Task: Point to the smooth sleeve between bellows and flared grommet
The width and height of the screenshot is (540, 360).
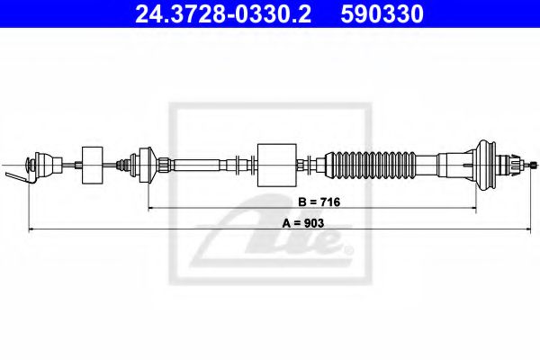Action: pyautogui.click(x=455, y=165)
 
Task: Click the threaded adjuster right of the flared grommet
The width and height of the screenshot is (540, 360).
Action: pyautogui.click(x=516, y=164)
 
